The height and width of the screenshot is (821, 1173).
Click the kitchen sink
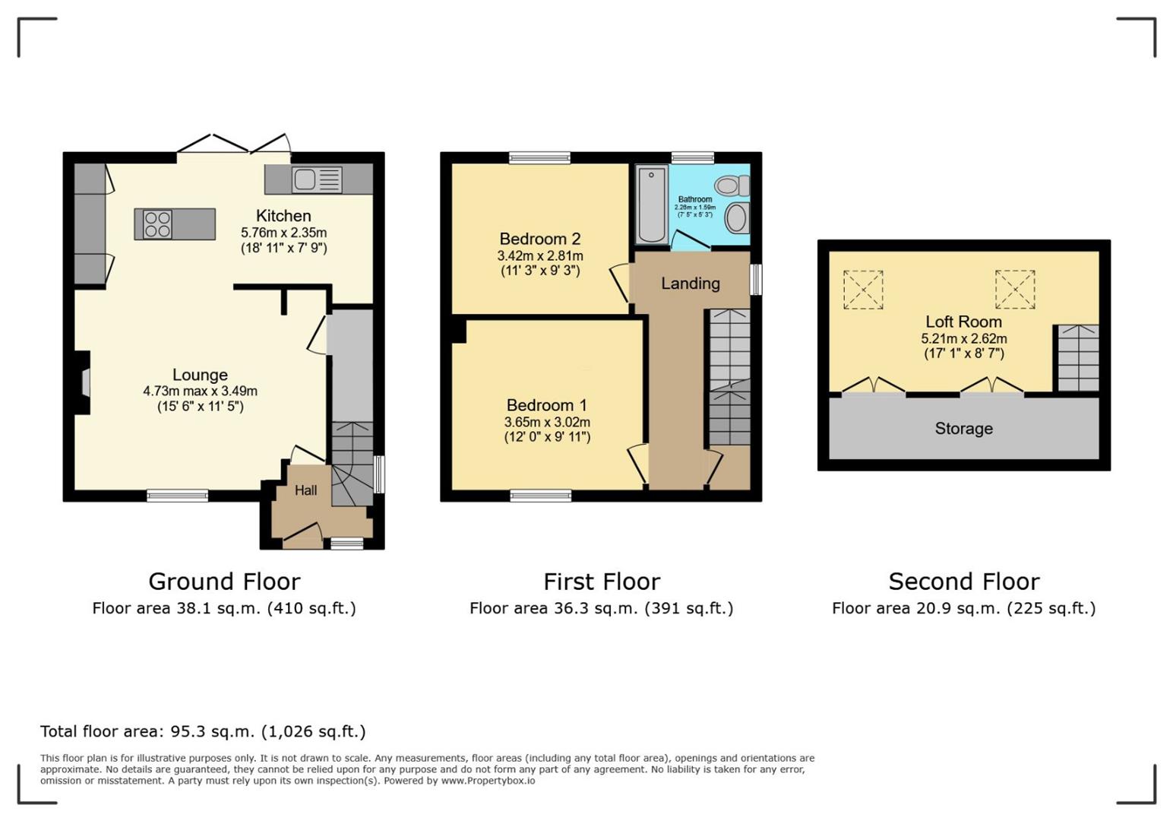coord(317,180)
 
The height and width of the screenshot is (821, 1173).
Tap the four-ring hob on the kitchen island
coord(157,224)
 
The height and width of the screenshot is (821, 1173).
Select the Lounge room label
coord(200,375)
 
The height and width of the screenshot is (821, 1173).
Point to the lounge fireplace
coord(84,382)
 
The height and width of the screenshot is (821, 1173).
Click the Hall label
coord(305,490)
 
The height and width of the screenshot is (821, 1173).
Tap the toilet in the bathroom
coord(732,185)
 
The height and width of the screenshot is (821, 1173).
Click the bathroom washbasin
coord(736,218)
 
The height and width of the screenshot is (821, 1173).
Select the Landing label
coord(690,284)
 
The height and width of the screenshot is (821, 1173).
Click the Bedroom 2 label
coord(539,239)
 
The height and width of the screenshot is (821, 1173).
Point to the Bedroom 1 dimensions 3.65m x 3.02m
coord(547,422)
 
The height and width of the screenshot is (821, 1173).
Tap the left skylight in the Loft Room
coord(863,290)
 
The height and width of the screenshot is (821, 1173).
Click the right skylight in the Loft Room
coord(1015,290)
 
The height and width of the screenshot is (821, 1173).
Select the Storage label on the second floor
coord(963,429)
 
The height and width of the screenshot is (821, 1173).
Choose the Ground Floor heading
coord(224,582)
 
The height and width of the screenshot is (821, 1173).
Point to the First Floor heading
coord(601,582)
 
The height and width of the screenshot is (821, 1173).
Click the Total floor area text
coord(203,731)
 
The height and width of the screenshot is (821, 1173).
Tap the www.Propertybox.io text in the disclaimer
coord(488,781)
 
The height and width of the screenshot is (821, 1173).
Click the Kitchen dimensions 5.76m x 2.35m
coord(283,233)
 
